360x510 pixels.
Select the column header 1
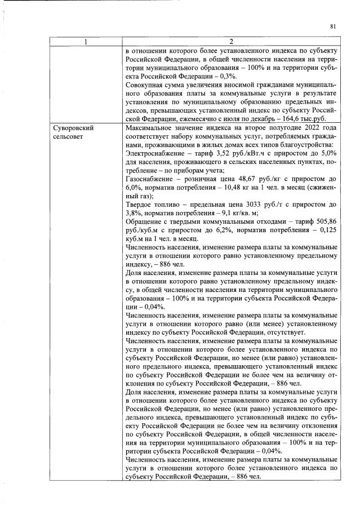86,41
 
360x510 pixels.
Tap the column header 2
231,41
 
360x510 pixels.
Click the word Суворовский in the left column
72,128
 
